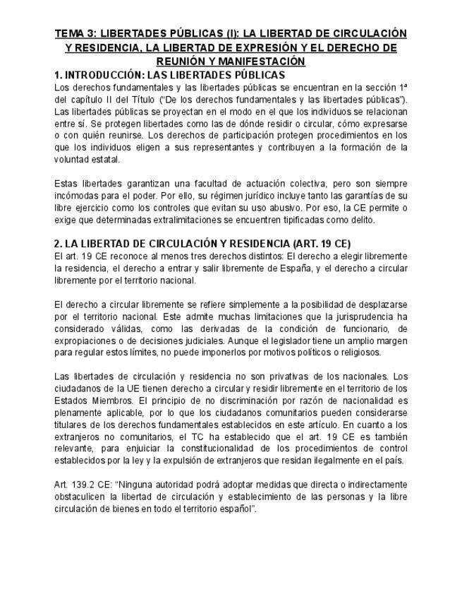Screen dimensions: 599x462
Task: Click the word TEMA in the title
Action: pyautogui.click(x=71, y=34)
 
